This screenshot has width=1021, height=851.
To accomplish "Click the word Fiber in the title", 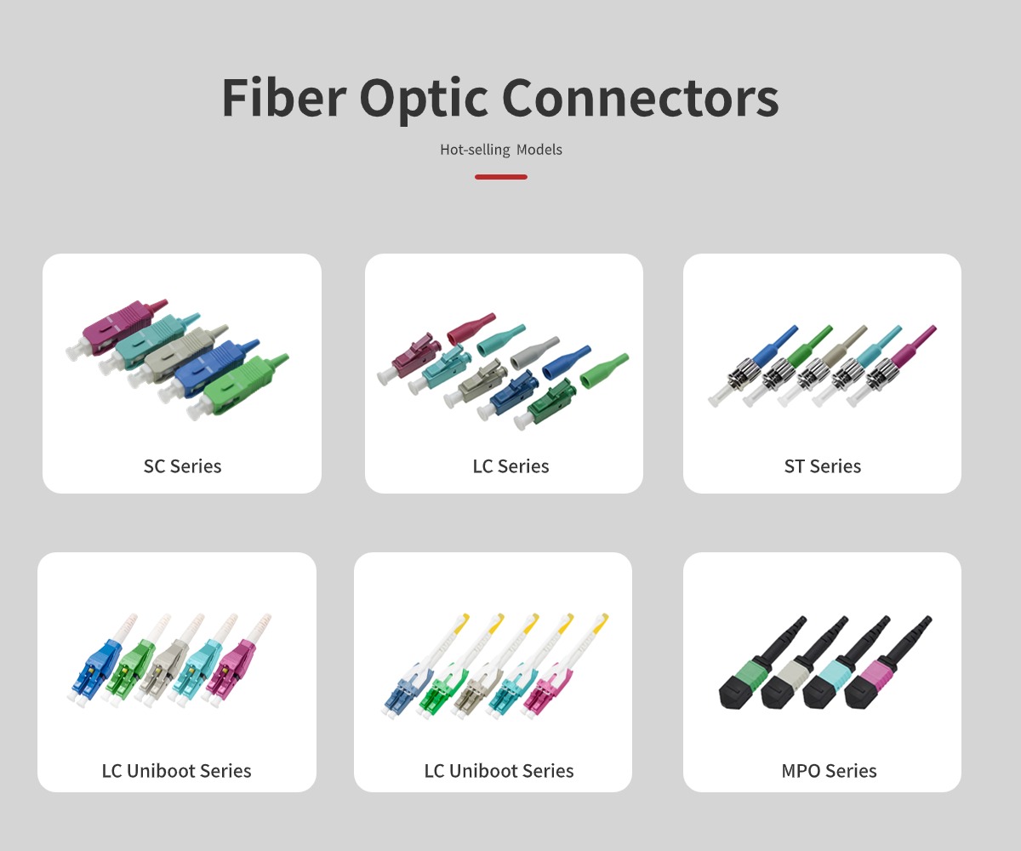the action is (x=284, y=97).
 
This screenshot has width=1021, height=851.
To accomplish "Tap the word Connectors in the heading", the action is (x=640, y=99).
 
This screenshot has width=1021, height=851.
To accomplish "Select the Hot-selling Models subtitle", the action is (x=501, y=150).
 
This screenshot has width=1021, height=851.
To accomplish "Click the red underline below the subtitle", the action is (x=501, y=177).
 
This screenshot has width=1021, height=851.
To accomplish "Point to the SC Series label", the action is (x=182, y=466).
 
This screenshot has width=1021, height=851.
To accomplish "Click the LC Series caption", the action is (x=510, y=466).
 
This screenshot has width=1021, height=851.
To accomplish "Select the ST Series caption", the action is (x=823, y=466).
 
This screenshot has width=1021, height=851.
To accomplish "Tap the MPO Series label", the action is (x=829, y=771).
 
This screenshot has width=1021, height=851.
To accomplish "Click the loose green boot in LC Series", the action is (x=604, y=371).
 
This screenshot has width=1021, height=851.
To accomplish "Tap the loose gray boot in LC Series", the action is (x=535, y=353).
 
